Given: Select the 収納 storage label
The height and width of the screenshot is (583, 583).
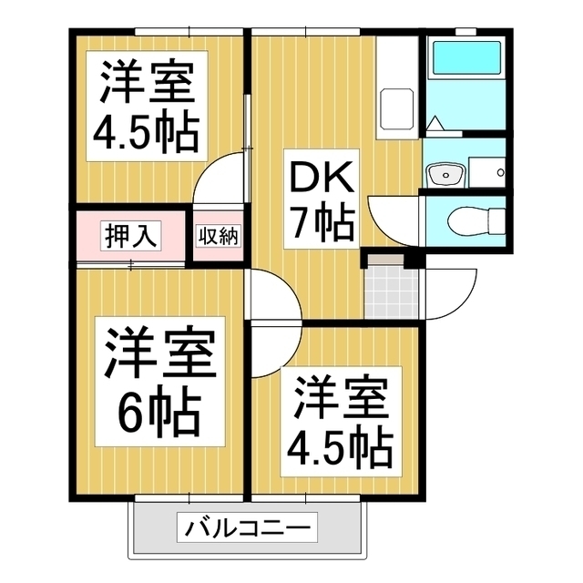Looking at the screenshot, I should point(217,236).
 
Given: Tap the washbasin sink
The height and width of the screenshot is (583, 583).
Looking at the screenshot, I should point(445,171).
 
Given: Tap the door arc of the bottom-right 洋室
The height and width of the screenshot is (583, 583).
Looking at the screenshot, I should point(273,351).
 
